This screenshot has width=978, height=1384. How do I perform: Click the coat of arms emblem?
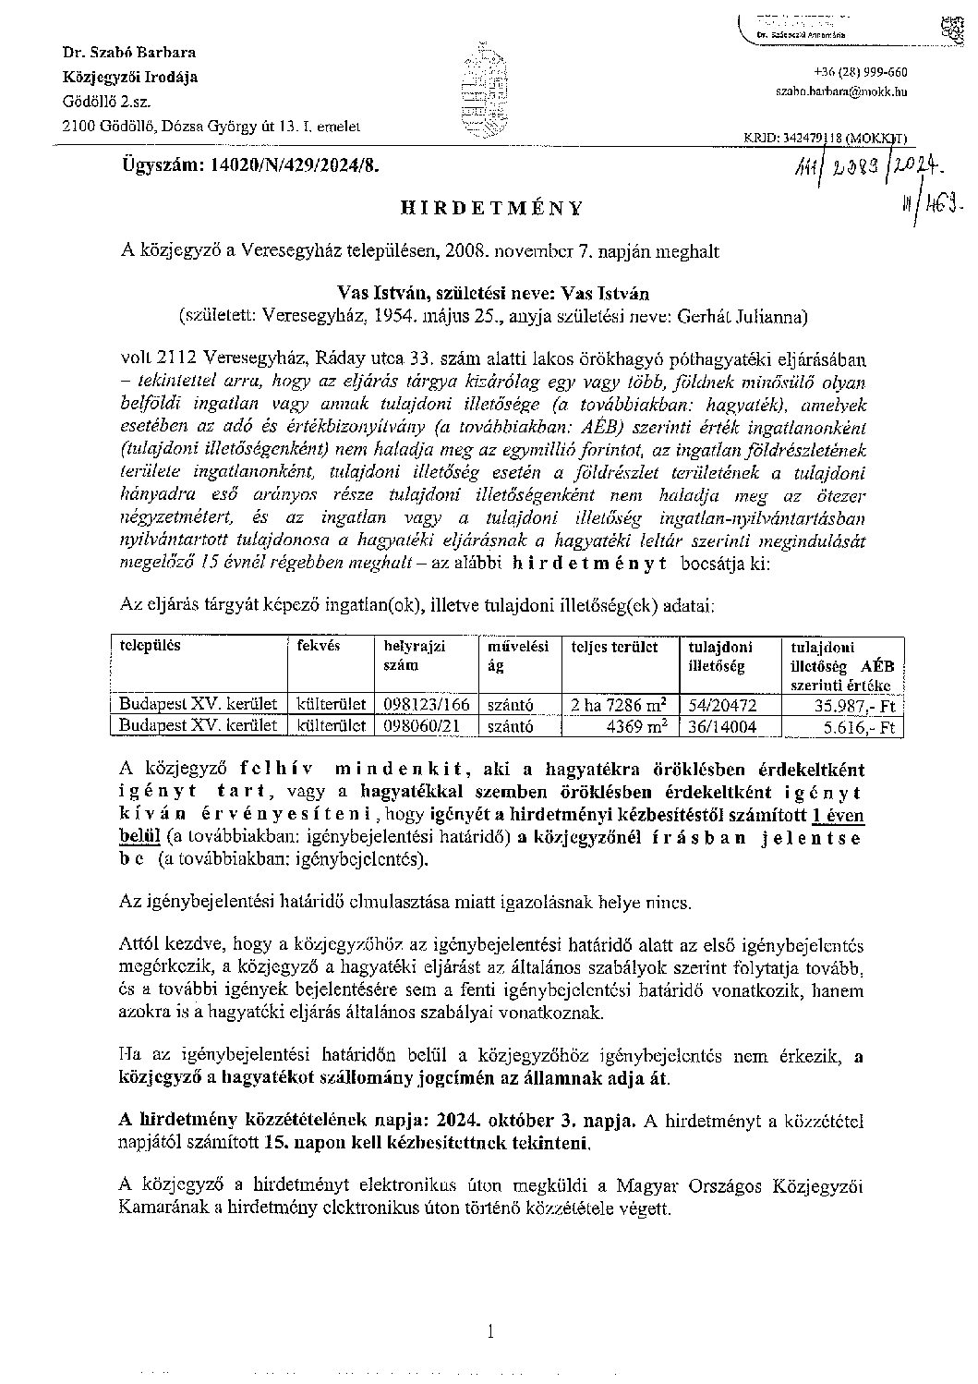[486, 90]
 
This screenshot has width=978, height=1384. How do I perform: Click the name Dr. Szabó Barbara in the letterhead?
[123, 53]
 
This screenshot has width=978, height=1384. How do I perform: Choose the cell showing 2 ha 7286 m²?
[620, 705]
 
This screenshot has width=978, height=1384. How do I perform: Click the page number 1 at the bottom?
[490, 1331]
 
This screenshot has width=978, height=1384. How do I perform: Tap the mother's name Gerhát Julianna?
[746, 317]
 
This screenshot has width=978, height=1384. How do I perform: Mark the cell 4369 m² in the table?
[637, 726]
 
